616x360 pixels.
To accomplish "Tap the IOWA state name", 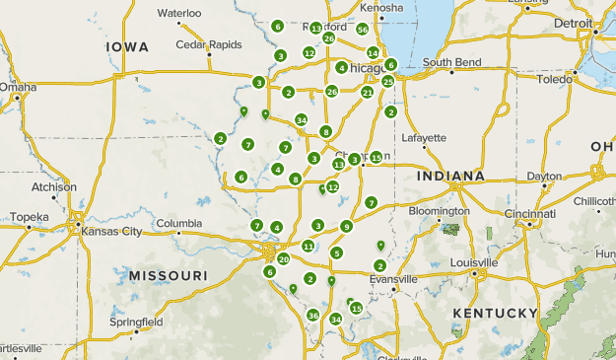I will pos(127,46).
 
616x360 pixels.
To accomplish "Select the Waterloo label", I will pos(179,13).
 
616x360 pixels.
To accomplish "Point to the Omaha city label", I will pos(17,87).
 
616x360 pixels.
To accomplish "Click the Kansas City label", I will pos(111,231).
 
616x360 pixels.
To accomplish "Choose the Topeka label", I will pos(29,216).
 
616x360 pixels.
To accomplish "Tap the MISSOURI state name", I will pos(168,275).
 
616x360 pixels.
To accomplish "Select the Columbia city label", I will pos(178,224).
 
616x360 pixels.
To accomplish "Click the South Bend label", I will pos(451,62).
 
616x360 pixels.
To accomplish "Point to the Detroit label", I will pos(574,22).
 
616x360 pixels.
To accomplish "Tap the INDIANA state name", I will pos(450,176).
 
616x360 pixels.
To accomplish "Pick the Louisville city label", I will pos(474,262).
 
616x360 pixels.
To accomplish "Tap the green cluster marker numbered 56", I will pos(363,30).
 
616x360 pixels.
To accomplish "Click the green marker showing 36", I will pos(312,316).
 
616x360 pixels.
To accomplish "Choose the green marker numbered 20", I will pos(284,259).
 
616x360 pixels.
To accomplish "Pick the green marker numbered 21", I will pos(367,93).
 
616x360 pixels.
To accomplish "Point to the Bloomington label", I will pos(440,211).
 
